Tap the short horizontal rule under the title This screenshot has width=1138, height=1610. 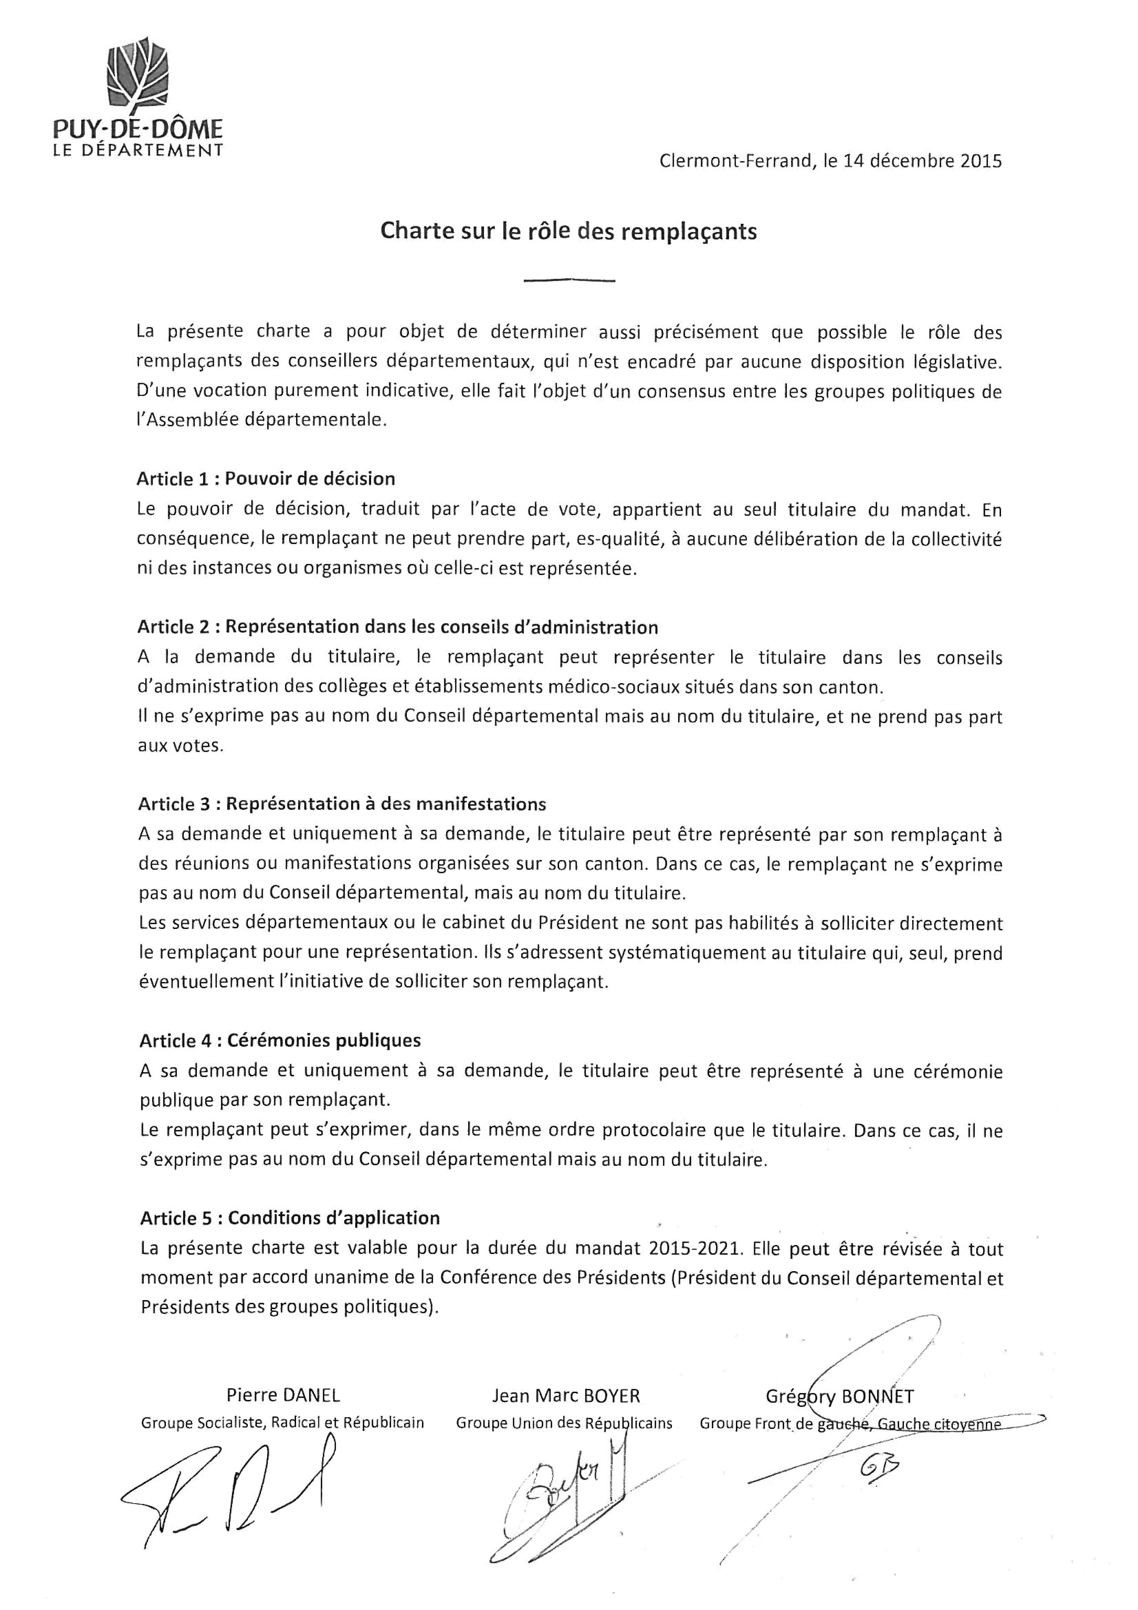[569, 281]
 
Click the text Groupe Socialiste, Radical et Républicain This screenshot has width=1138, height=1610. [282, 1423]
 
